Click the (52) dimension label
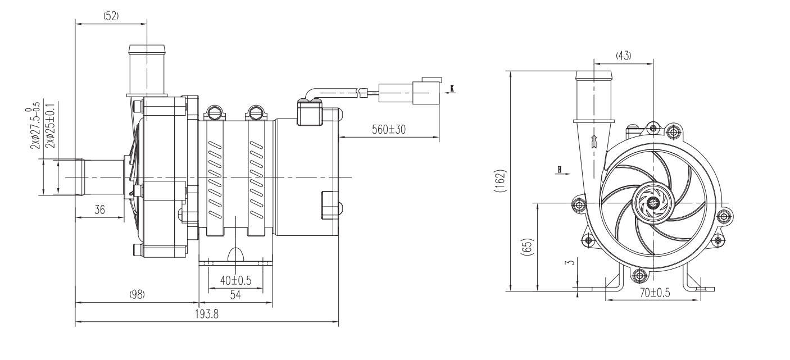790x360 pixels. pos(111,16)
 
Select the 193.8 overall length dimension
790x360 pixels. pos(207,314)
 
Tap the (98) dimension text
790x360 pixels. pos(137,294)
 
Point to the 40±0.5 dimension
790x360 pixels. pos(235,281)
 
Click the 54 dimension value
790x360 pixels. pos(235,295)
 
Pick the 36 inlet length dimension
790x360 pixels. pos(100,210)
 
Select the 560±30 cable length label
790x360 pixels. pos(389,129)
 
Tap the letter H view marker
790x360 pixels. pos(559,170)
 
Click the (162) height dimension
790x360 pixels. pos(501,181)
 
